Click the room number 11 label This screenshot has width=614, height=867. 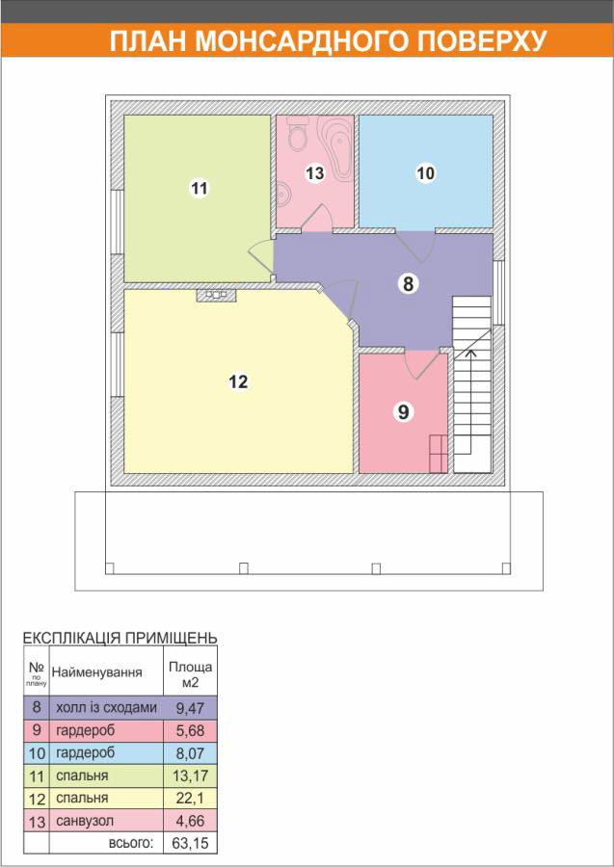(x=200, y=188)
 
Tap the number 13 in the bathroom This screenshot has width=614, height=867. (x=315, y=173)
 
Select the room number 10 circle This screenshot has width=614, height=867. (x=425, y=173)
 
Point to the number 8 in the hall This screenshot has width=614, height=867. (x=408, y=283)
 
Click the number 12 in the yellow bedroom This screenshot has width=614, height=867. (x=238, y=381)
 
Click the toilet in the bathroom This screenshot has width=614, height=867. (x=298, y=136)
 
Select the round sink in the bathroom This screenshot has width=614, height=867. (x=283, y=194)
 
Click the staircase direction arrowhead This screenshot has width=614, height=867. (x=470, y=352)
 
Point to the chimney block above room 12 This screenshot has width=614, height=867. (x=216, y=295)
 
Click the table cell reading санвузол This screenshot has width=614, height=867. (x=85, y=821)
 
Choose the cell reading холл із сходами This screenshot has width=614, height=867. (x=106, y=707)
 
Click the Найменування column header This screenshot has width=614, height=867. (x=96, y=672)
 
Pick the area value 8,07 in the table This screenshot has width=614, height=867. (x=190, y=753)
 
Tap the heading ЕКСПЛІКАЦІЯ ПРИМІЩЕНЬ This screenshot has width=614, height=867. (x=120, y=637)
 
